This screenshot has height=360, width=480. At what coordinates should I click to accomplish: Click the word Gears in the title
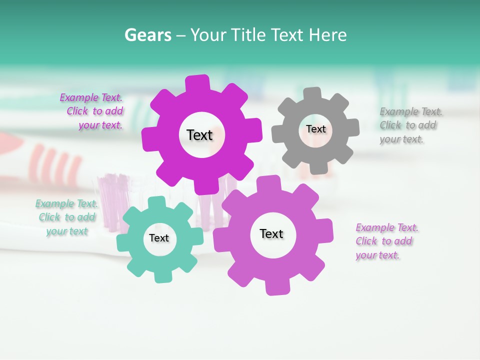(x=147, y=35)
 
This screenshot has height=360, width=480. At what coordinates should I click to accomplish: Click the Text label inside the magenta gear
(x=199, y=135)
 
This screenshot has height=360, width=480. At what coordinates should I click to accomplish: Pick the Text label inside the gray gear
(x=315, y=129)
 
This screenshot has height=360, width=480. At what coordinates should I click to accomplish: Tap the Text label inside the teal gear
(x=159, y=238)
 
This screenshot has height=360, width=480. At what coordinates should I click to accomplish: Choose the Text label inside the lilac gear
(x=271, y=234)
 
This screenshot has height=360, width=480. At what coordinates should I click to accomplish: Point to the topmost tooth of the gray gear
(x=312, y=94)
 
